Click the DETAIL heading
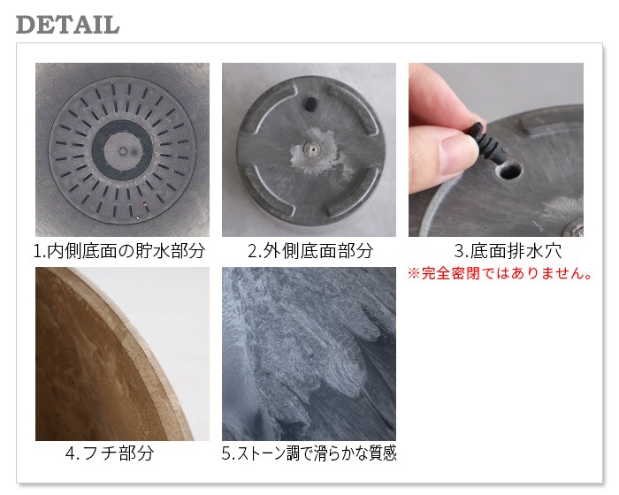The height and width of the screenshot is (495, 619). click(67, 25)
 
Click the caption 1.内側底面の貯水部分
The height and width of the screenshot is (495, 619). click(119, 251)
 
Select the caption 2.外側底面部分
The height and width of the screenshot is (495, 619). click(310, 251)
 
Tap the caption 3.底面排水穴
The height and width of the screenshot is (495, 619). click(508, 251)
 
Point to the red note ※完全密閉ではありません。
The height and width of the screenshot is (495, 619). click(500, 273)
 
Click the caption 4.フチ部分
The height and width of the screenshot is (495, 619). click(110, 453)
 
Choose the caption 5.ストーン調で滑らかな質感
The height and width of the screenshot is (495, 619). click(309, 453)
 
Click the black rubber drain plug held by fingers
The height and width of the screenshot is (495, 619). click(486, 141)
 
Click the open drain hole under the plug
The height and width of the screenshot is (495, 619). click(509, 171)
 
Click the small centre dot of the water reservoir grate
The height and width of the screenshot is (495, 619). click(123, 150)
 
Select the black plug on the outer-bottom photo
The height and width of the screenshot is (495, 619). click(310, 103)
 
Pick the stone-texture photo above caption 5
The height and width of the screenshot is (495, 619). click(309, 354)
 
